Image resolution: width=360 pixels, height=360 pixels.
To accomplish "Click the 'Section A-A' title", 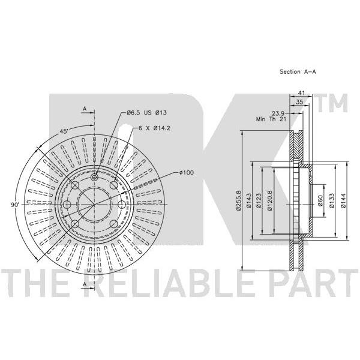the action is (298, 71).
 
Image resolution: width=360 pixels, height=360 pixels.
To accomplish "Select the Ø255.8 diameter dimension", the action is (238, 200).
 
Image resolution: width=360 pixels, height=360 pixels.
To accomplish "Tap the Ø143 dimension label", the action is (248, 200).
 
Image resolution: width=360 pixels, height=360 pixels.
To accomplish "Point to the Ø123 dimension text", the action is (259, 200).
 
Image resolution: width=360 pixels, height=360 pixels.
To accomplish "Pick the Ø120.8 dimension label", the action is (270, 200).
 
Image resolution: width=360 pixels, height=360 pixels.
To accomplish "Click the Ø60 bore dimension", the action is (320, 200).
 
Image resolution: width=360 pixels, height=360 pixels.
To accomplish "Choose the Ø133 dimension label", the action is (332, 200).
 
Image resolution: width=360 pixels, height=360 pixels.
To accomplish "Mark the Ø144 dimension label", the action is (343, 200).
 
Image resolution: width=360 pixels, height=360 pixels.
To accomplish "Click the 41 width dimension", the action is (301, 93).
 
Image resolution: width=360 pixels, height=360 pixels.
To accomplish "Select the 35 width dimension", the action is (299, 102).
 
